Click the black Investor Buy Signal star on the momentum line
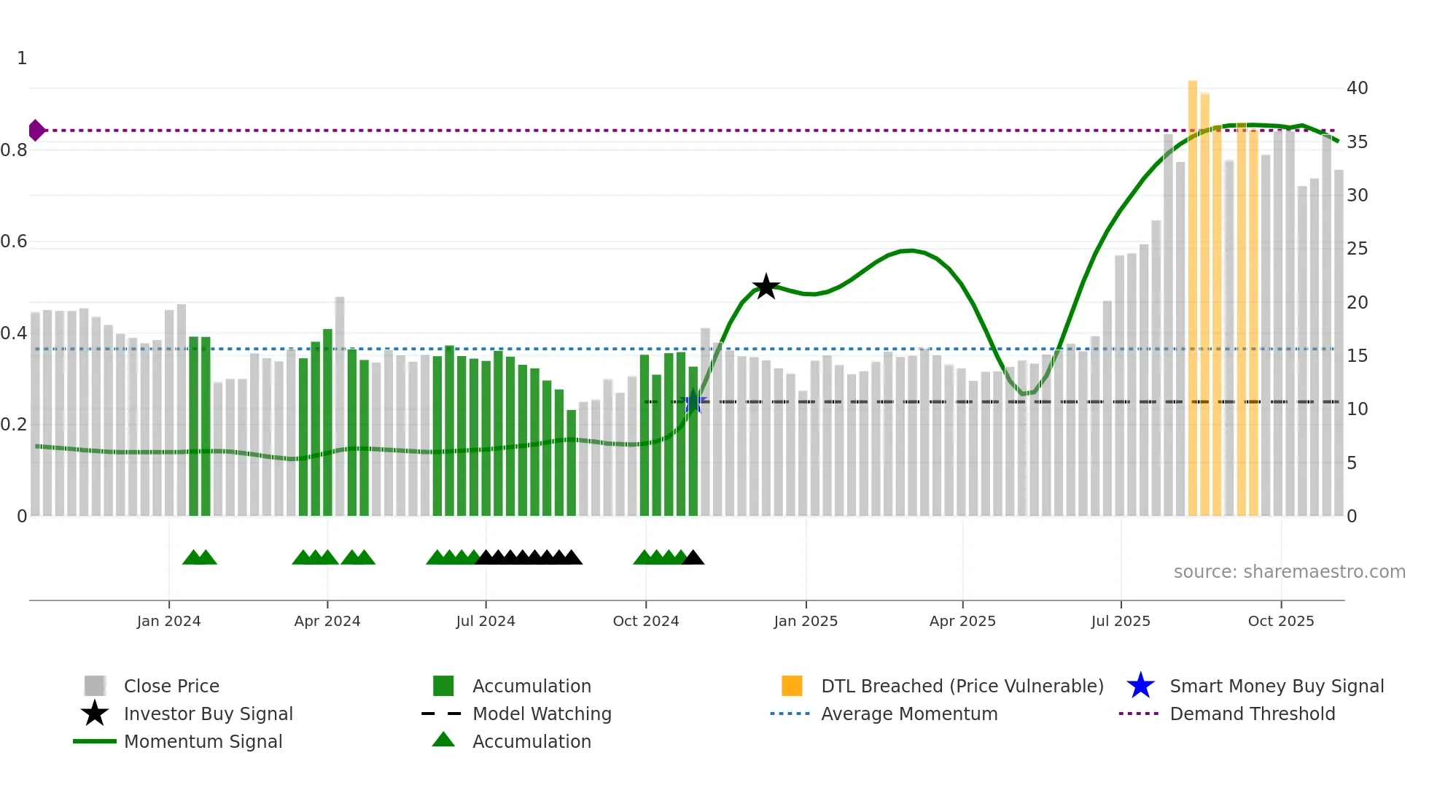(766, 287)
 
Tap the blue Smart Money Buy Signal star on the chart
(693, 402)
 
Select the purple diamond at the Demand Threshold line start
(36, 131)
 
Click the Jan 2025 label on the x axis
(806, 621)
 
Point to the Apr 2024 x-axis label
(327, 621)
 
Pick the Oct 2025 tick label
(1281, 621)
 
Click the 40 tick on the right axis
(1357, 88)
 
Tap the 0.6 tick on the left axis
(14, 241)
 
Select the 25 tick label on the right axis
(1357, 249)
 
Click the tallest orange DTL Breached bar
(1193, 292)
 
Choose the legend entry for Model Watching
(542, 714)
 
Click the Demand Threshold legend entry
(1252, 714)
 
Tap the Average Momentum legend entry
(909, 714)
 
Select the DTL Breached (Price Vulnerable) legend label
(962, 686)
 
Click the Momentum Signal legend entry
(203, 741)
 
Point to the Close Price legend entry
(171, 686)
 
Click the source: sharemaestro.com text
(1289, 572)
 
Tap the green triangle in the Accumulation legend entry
(443, 740)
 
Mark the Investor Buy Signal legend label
(208, 714)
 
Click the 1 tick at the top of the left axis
(22, 58)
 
